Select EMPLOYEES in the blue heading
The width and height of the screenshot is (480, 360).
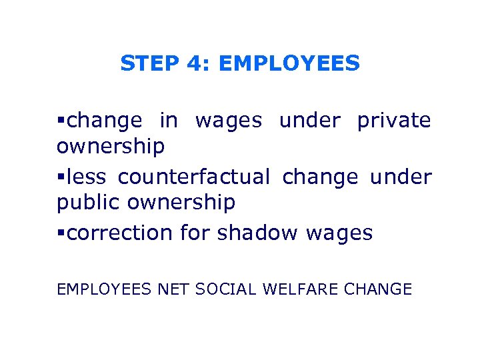point(289,63)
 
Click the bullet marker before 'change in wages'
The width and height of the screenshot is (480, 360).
point(61,121)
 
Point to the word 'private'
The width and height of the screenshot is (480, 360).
point(394,121)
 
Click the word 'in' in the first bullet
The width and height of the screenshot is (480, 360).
point(169,121)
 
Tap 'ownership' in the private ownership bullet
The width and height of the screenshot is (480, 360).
point(111,147)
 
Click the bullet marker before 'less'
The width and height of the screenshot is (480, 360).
point(61,177)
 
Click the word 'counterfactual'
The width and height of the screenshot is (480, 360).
point(194,177)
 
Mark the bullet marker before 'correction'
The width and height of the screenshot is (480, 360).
point(61,233)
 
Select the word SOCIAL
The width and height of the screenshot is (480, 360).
point(225,289)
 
